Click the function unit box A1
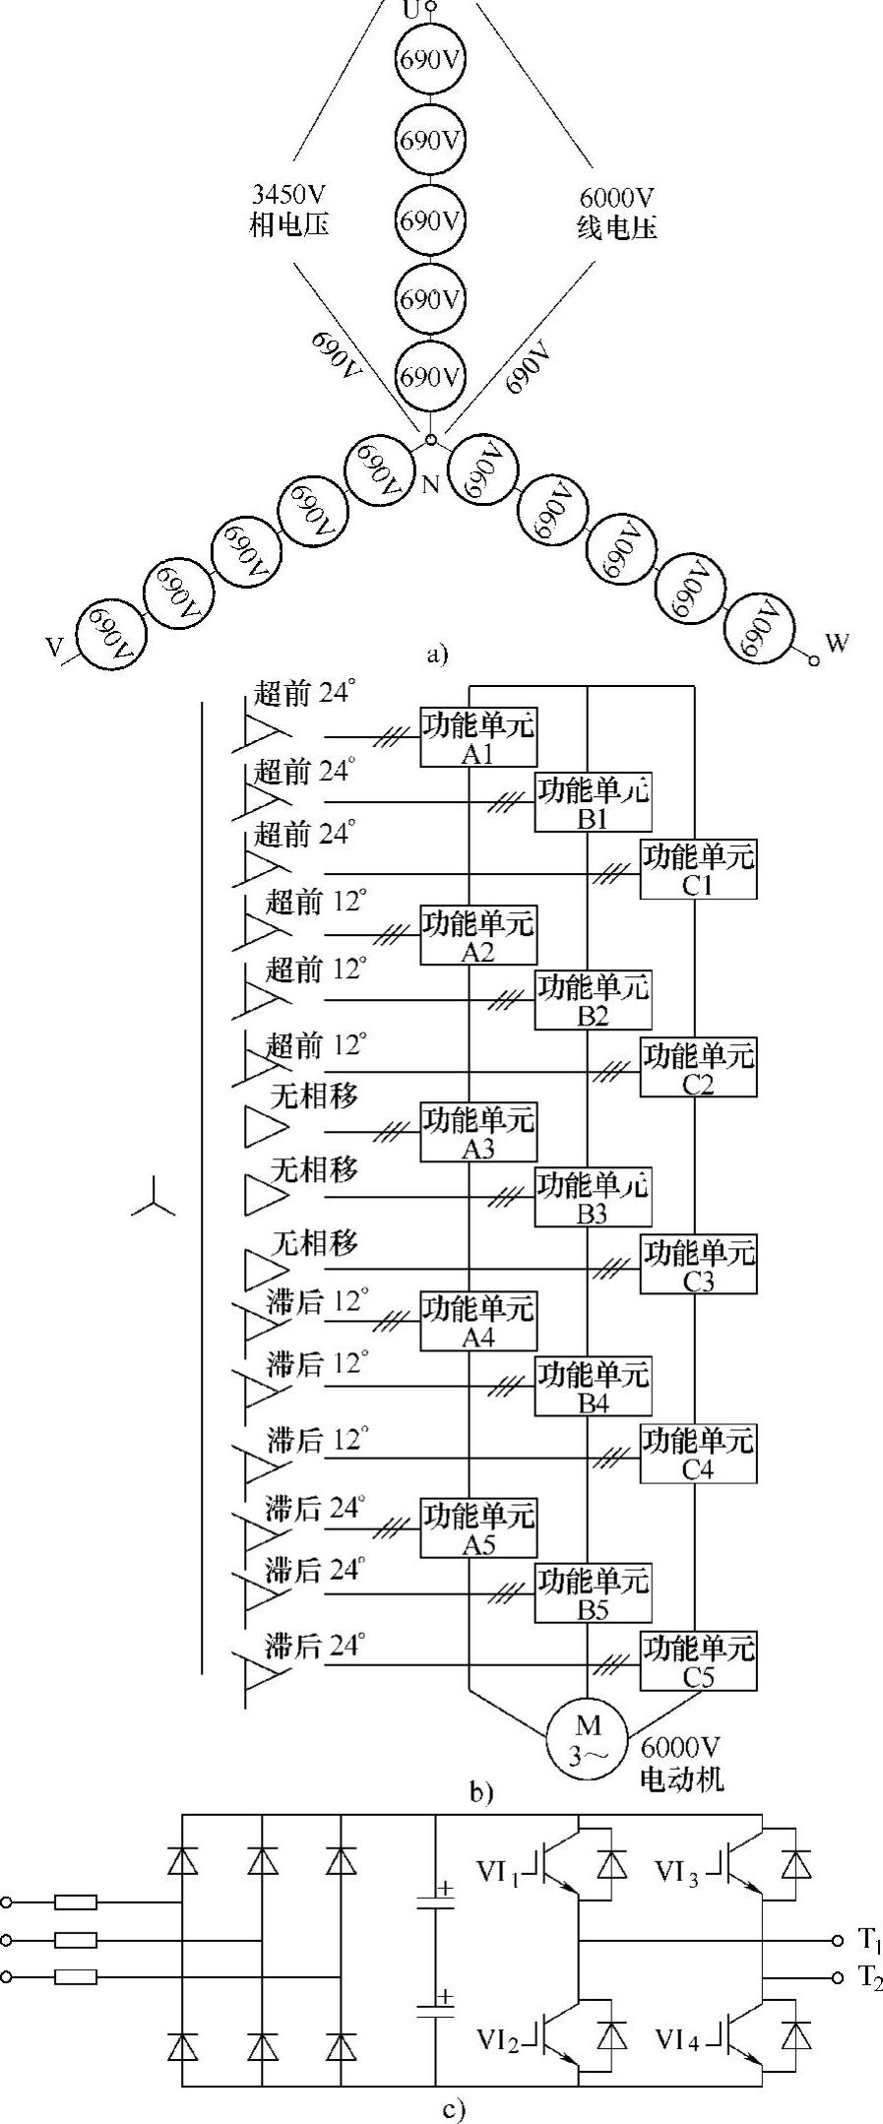point(478,736)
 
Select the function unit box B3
point(592,1197)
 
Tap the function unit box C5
point(698,1659)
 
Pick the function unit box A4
point(478,1320)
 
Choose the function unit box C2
point(698,1067)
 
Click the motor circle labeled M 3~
point(587,1739)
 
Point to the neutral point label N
point(430,483)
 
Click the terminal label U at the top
point(411,11)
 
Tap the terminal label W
point(838,643)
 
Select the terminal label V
point(55,647)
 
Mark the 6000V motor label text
point(681,1763)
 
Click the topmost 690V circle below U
point(430,61)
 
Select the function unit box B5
point(592,1593)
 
